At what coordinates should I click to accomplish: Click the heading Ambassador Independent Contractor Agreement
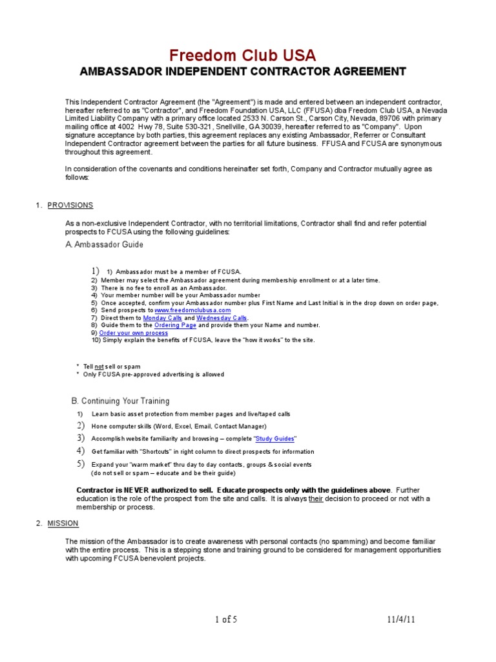pos(242,71)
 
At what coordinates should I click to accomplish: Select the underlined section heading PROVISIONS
pos(70,205)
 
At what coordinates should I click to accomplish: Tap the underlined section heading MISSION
pos(63,523)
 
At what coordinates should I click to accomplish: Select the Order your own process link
pos(133,333)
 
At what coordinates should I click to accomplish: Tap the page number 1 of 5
pos(226,620)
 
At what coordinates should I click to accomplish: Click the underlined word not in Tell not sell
pos(99,367)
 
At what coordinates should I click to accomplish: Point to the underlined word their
pos(316,498)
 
